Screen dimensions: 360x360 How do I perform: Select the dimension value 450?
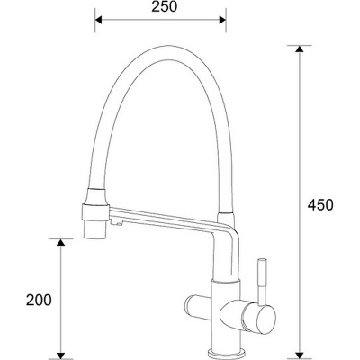pos(319,204)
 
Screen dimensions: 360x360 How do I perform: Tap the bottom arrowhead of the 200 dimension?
pos(61,352)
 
